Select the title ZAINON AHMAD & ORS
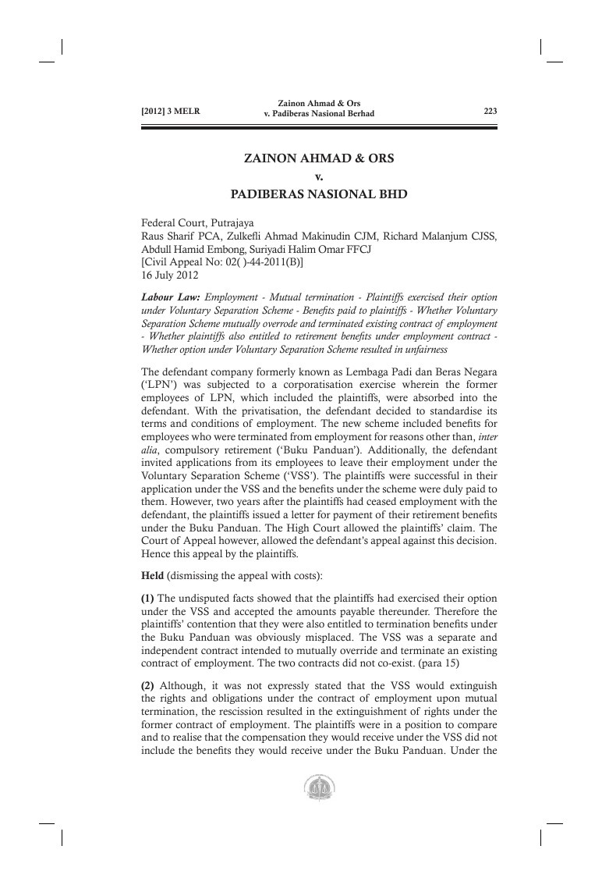319,158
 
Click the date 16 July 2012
169,275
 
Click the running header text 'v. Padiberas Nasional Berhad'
320,115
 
